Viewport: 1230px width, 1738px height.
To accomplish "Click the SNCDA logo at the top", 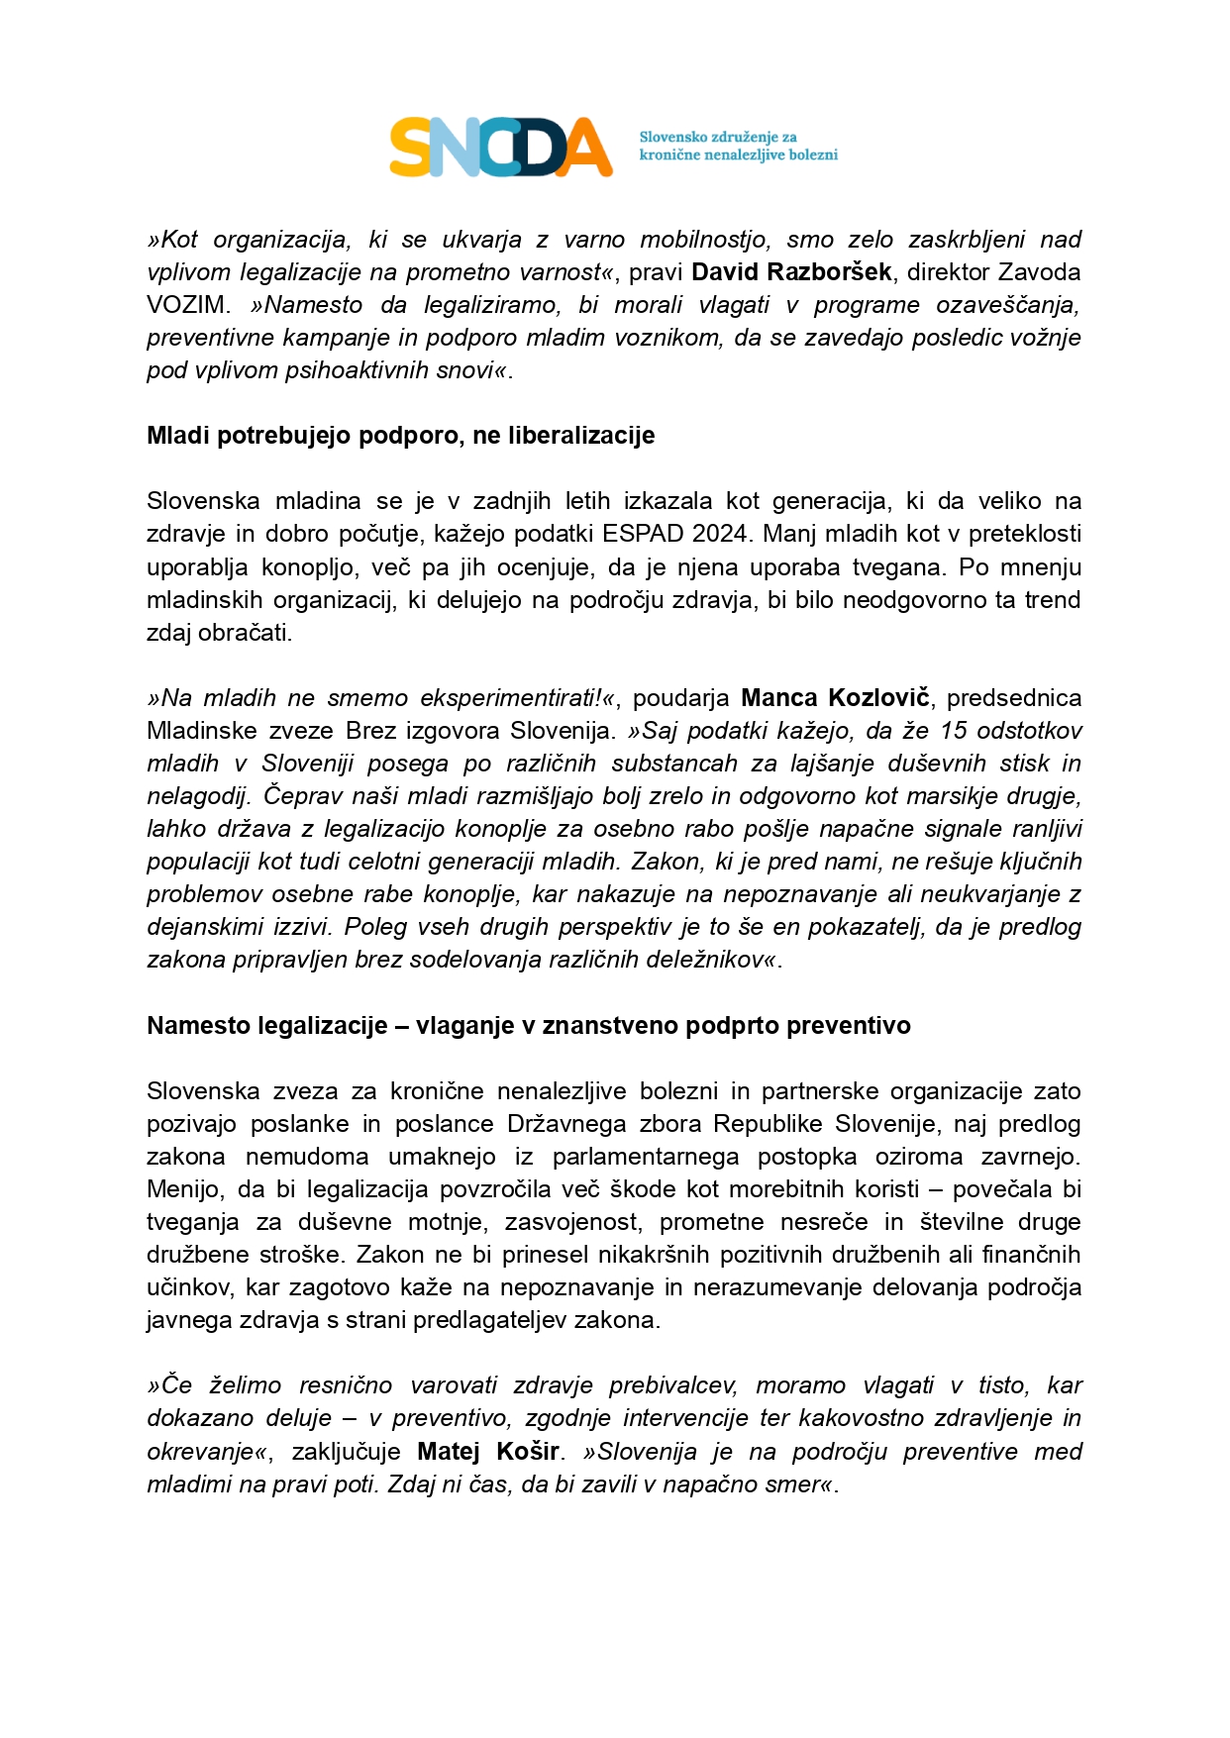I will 501,147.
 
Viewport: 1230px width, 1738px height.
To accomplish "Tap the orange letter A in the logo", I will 586,149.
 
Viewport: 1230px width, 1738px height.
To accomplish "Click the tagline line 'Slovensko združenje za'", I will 717,137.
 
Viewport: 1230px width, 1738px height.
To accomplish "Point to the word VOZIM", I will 186,305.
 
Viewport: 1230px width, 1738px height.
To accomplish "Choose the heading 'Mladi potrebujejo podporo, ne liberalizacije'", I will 400,436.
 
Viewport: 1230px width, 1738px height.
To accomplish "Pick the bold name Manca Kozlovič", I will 835,698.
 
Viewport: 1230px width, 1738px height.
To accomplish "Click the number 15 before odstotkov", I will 954,731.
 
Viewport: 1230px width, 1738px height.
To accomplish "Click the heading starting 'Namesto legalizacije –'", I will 528,1026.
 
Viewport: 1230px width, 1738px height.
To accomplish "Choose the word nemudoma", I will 307,1157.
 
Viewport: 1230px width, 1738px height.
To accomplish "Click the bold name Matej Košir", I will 488,1452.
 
